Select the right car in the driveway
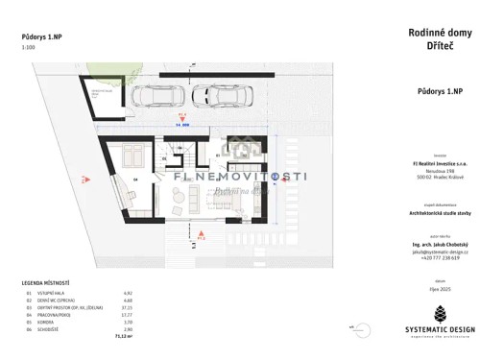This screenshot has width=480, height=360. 214,95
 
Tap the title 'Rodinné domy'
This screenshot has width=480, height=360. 430,34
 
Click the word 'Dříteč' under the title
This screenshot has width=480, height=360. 430,48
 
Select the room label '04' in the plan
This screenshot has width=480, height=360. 135,180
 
